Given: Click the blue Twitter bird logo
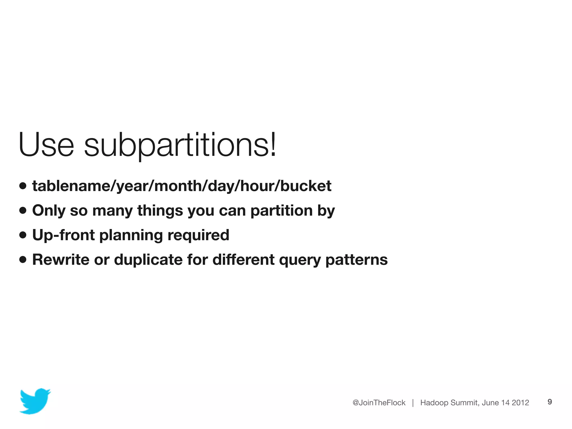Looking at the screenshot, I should click(x=35, y=401).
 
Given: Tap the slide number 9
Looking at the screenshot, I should click(x=550, y=402).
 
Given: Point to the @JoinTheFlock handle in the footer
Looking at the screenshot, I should click(x=379, y=402).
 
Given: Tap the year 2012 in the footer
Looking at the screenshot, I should click(x=520, y=402).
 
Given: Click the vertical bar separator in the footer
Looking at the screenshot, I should click(x=413, y=402).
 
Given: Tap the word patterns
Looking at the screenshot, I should click(x=356, y=260).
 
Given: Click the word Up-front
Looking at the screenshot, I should click(x=63, y=235).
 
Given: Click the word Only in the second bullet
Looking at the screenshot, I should click(x=49, y=211).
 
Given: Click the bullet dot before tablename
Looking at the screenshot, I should click(x=23, y=186).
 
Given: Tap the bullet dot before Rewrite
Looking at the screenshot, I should click(x=23, y=260).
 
